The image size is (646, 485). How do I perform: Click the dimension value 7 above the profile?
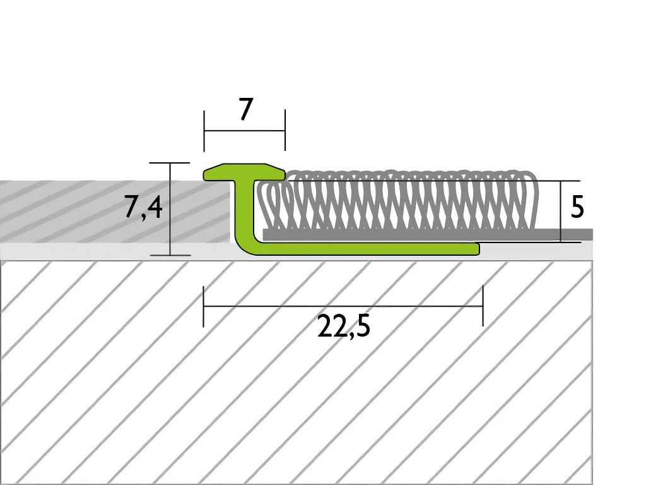(245, 109)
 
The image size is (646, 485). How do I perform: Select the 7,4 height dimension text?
(143, 207)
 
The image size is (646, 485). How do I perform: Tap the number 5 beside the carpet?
(577, 207)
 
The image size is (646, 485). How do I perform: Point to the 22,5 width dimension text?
(343, 326)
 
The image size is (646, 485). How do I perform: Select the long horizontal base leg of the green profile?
(366, 249)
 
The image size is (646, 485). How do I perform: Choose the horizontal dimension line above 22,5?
(343, 306)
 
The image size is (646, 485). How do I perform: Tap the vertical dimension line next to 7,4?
(170, 208)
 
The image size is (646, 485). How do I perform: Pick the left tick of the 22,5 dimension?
(203, 306)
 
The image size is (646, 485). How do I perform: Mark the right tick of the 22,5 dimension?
(483, 306)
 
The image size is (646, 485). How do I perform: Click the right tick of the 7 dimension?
(285, 131)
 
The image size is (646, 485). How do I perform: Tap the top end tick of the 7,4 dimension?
(170, 163)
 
